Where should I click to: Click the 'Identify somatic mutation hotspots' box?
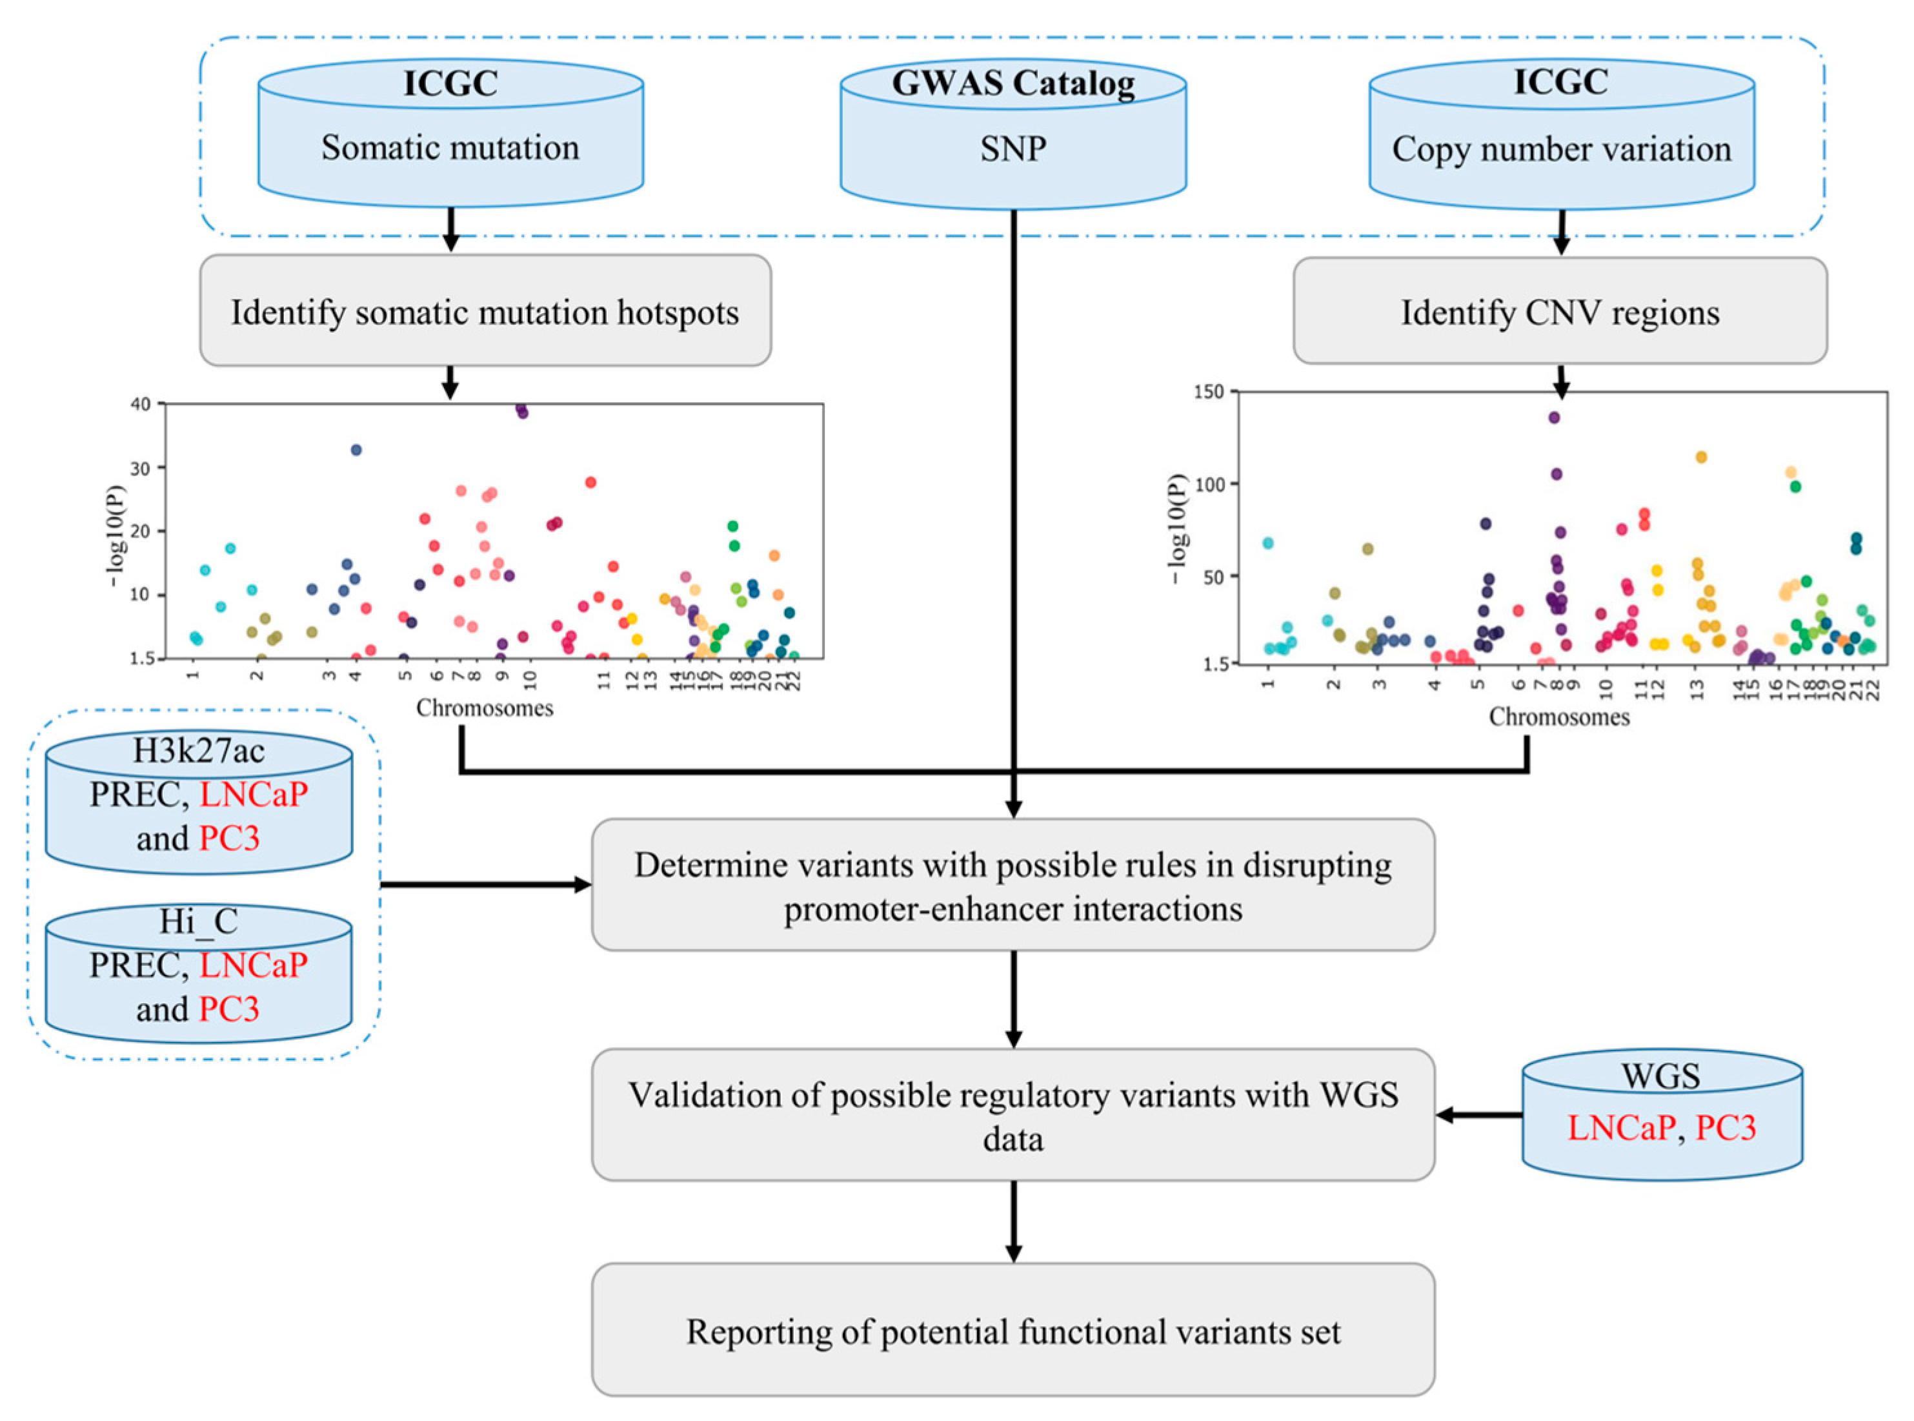485,311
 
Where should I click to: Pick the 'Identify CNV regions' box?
1559,311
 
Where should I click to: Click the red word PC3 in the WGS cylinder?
1725,1128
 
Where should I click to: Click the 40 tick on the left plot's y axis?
140,404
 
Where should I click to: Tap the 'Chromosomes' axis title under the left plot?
484,708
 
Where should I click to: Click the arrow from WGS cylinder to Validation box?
1479,1115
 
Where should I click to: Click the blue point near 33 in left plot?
356,450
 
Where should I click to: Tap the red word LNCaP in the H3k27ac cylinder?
253,794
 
